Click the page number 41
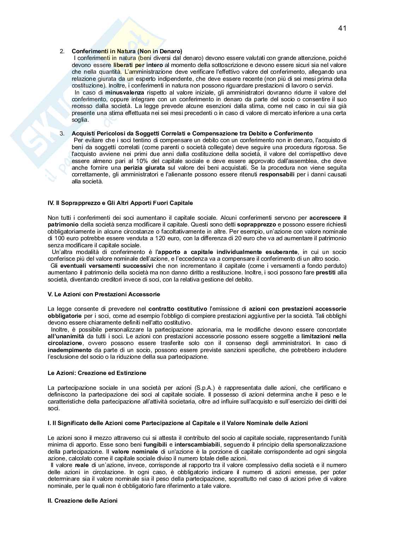pos(342,29)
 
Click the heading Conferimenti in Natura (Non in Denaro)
pos(127,52)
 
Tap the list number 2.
pos(62,52)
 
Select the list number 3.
pos(62,133)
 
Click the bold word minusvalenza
pos(125,92)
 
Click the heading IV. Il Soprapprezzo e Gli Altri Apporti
pos(120,203)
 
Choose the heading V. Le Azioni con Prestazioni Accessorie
pos(104,294)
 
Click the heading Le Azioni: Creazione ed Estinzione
pos(97,373)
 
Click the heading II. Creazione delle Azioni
pos(82,501)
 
